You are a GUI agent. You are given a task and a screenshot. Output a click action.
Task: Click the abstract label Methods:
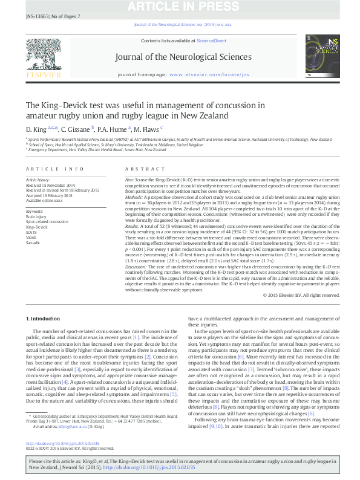click(x=135, y=196)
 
